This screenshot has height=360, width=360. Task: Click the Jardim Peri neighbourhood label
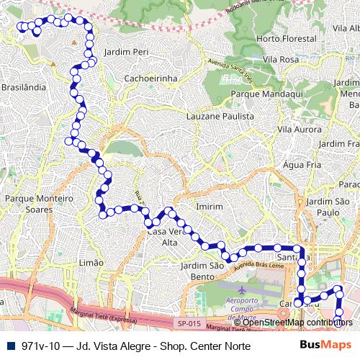point(126,53)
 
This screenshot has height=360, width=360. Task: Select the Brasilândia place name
point(23,86)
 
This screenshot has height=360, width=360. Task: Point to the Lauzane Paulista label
point(220,115)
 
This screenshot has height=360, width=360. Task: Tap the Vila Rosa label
point(281,59)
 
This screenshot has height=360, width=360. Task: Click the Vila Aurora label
point(299,129)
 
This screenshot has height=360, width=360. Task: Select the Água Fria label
point(302,165)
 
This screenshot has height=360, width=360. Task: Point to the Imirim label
point(210,207)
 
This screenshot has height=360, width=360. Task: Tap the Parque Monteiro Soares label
point(39,203)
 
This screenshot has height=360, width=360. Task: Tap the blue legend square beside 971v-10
point(9,346)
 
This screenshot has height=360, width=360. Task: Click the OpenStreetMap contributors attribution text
point(297,322)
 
